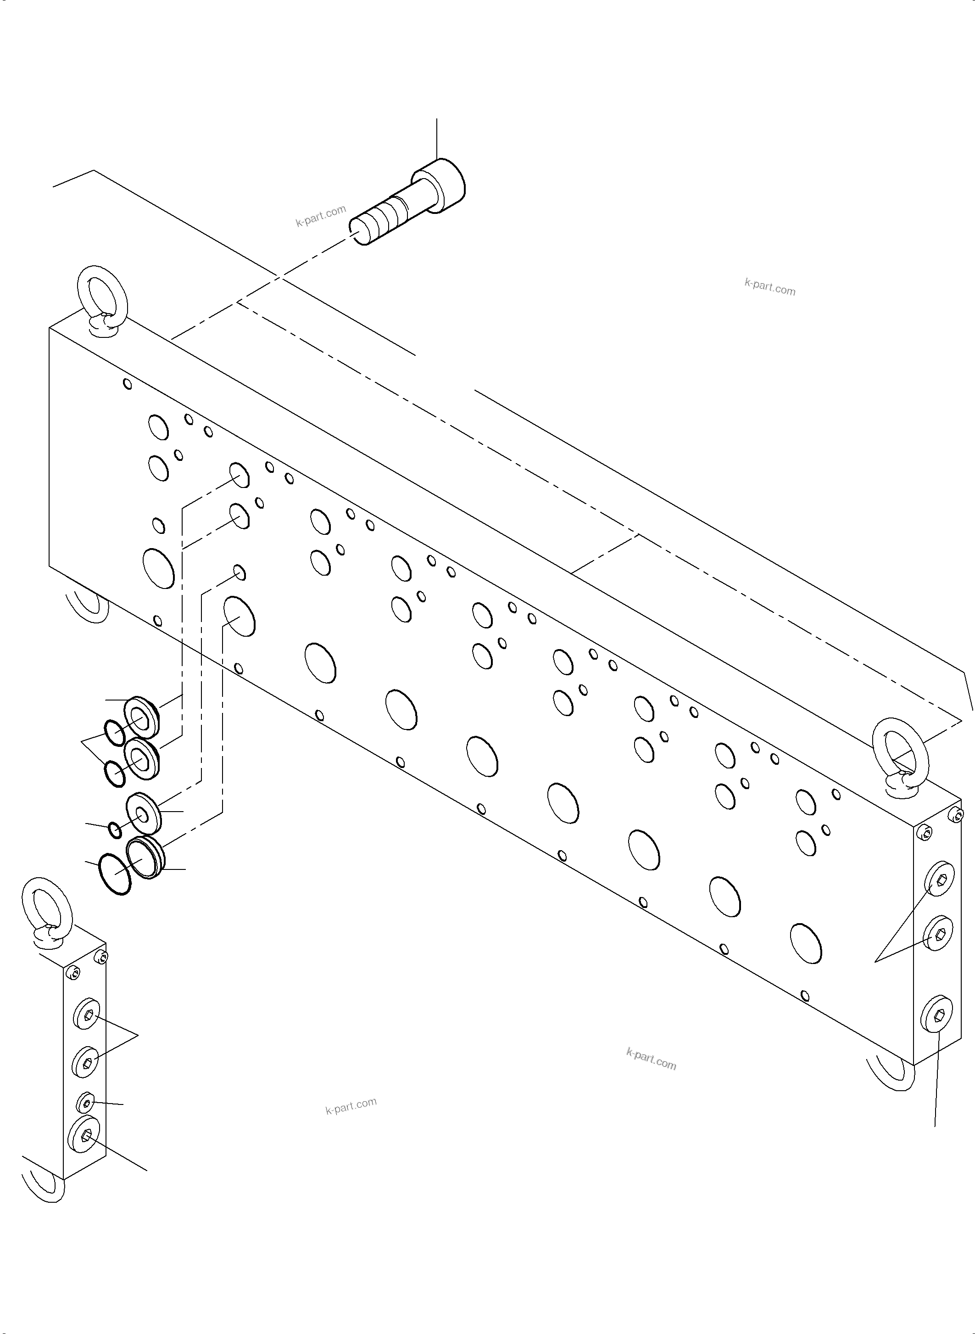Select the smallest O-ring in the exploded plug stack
coord(116,830)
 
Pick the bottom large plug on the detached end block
coord(84,1135)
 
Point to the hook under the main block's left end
coord(89,605)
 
